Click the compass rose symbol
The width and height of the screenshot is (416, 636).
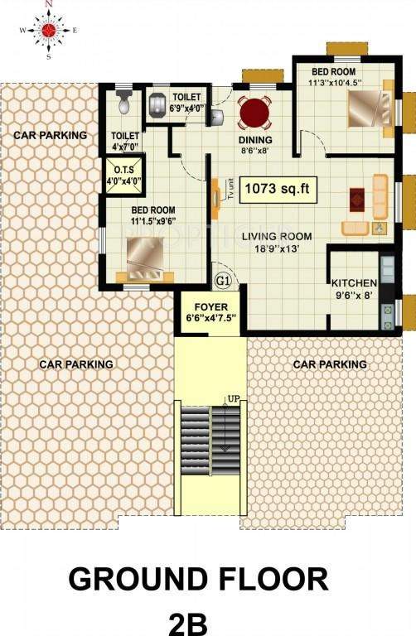coord(48,31)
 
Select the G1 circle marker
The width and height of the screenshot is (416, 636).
coord(223,281)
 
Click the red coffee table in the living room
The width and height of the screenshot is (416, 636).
coord(356,199)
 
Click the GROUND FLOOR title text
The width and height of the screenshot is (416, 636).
coord(198,579)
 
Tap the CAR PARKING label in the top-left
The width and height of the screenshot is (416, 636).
coord(51,134)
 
